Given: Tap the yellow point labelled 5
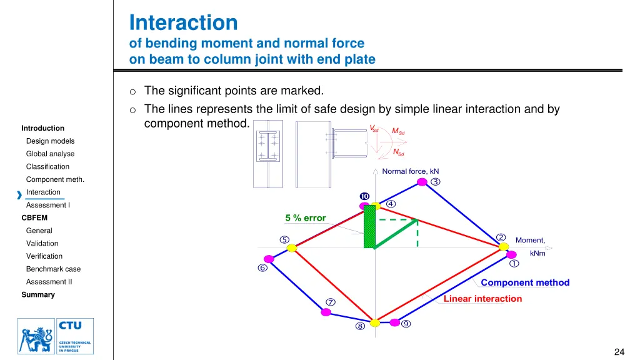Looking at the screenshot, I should [291, 247].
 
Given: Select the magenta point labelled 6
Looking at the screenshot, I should [269, 259].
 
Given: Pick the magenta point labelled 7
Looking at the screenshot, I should [326, 312].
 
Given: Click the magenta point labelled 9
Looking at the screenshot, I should [395, 322].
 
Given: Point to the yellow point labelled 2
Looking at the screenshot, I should [503, 247].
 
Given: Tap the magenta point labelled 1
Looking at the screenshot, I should [512, 254].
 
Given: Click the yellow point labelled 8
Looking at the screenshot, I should [374, 322].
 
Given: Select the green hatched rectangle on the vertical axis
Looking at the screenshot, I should [369, 226].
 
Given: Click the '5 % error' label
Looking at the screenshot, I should [306, 218].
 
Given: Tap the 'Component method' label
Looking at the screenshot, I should [525, 282].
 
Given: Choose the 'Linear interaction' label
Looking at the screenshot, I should [482, 299].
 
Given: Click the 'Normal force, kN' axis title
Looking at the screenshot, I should [410, 171].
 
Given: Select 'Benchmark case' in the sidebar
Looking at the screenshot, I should [53, 269].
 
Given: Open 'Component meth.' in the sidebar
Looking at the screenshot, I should [55, 179].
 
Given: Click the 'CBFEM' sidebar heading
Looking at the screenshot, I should [34, 218].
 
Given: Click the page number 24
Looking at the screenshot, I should [619, 352].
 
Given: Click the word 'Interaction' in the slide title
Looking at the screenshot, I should [183, 23].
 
